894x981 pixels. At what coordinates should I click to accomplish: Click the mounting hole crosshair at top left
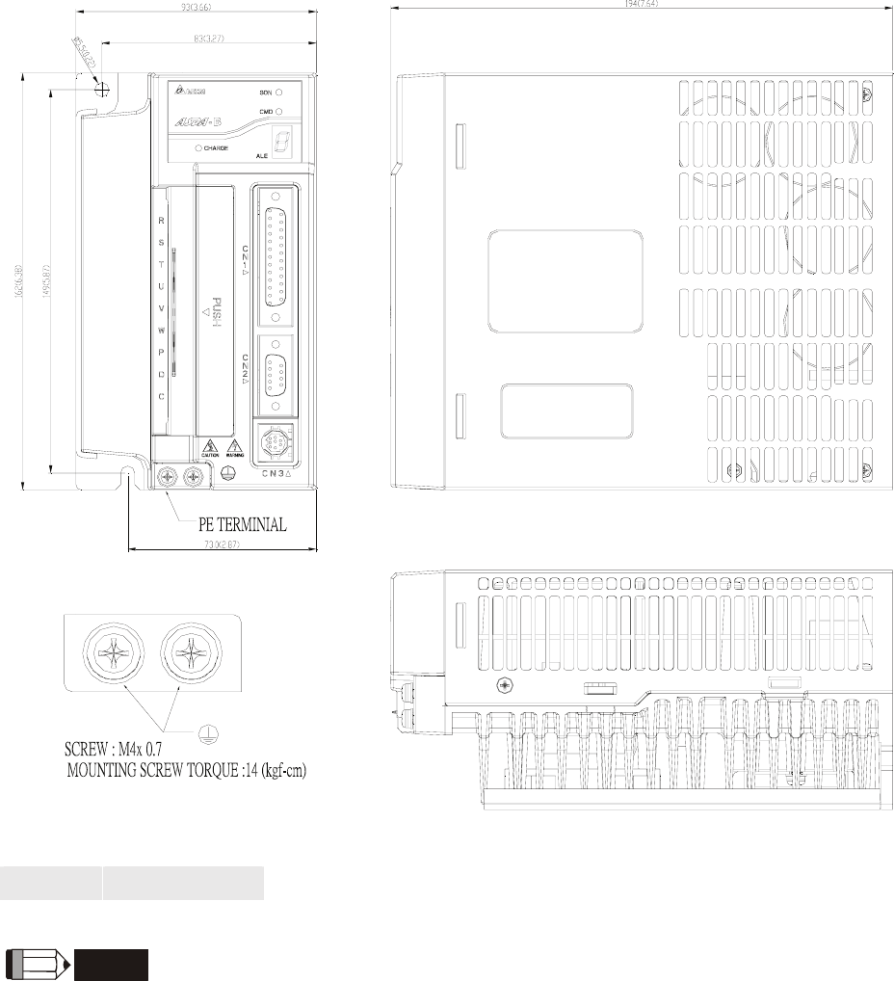(x=103, y=89)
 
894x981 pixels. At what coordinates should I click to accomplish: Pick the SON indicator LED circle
(x=278, y=93)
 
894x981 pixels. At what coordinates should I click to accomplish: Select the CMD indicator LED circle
(x=278, y=113)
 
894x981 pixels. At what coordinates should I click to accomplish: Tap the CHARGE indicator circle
(x=198, y=148)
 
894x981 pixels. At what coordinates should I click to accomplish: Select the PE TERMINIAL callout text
(x=242, y=524)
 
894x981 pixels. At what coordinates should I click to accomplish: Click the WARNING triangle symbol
(x=234, y=447)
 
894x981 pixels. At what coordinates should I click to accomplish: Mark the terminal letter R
(x=161, y=220)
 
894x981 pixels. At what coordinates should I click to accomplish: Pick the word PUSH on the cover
(x=218, y=305)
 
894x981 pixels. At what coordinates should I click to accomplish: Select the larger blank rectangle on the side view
(x=565, y=280)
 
